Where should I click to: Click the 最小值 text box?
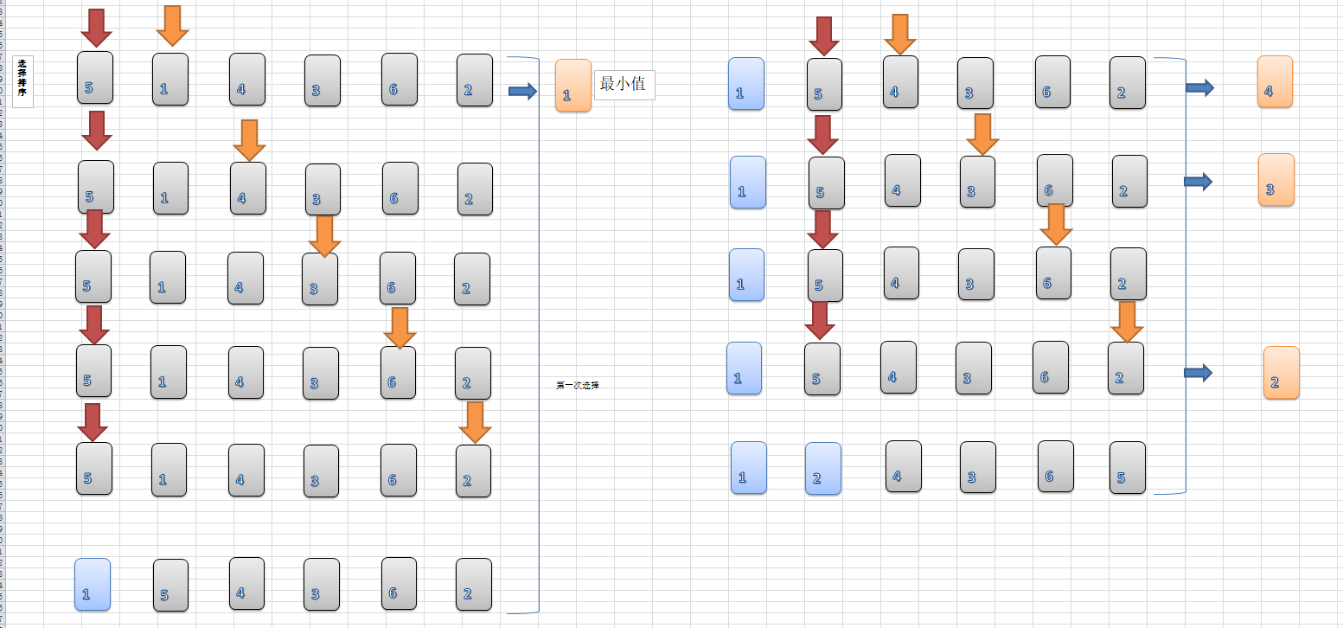[624, 85]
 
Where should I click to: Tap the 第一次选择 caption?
[577, 386]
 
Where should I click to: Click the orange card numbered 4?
[1275, 81]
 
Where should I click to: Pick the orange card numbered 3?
[1276, 179]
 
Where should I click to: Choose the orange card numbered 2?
[1281, 373]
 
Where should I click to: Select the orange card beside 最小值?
[572, 85]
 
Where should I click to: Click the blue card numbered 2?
[822, 468]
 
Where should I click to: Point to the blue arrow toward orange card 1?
[522, 91]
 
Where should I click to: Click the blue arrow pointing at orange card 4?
[1199, 87]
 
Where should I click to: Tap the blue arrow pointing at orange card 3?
[1198, 181]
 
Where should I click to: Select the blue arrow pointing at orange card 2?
[1198, 372]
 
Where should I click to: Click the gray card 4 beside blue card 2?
[903, 466]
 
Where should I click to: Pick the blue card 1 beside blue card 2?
[748, 467]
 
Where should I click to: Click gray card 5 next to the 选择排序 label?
[94, 77]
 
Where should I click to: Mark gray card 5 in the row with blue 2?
[1127, 468]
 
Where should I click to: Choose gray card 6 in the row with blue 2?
[1055, 466]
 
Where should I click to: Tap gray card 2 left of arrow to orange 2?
[1125, 368]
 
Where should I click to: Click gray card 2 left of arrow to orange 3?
[1129, 181]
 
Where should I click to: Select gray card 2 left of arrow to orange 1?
[474, 80]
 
